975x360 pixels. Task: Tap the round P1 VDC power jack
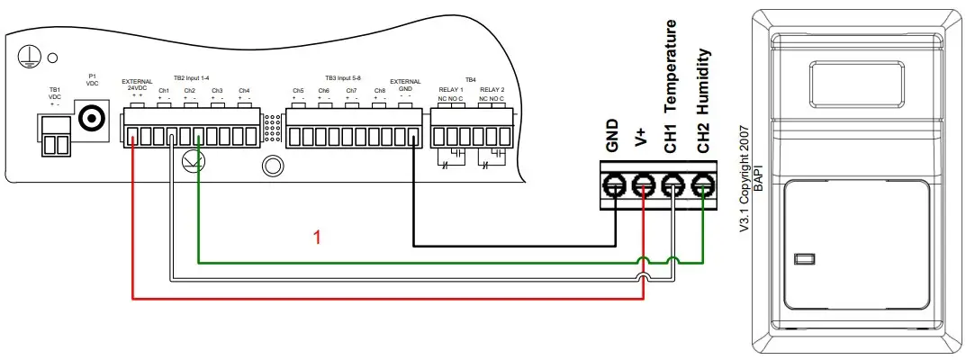tap(92, 116)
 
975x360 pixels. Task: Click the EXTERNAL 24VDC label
tap(138, 85)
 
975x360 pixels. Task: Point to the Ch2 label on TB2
tap(190, 91)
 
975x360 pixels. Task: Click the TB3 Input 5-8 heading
tap(348, 78)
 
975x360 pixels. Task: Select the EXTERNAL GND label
tap(405, 85)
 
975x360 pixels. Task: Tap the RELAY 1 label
tap(450, 91)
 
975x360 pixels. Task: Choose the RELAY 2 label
tap(492, 91)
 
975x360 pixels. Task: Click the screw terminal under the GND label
tap(615, 187)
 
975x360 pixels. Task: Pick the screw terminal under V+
tap(644, 187)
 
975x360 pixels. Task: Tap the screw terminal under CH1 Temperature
tap(673, 187)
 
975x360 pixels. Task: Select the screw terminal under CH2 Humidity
tap(703, 187)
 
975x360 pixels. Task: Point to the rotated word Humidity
tap(705, 81)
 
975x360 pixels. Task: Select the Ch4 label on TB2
tap(244, 91)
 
